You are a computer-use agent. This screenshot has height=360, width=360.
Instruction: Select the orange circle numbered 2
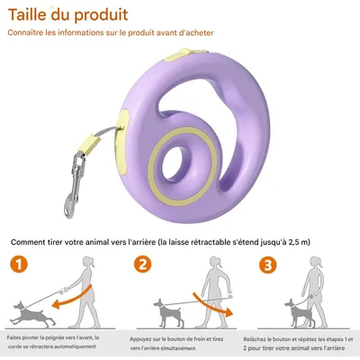141,265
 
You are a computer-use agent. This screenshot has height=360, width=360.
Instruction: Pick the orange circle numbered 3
267,265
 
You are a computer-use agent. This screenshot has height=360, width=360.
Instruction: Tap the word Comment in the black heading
32,241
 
